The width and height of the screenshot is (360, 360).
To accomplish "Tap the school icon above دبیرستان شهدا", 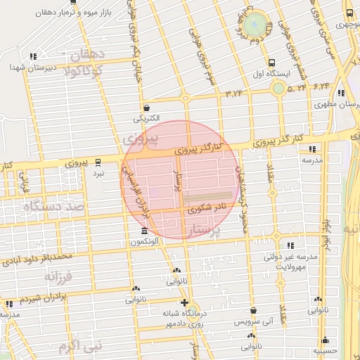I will [32, 56].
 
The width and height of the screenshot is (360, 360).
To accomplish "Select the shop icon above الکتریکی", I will [146, 108].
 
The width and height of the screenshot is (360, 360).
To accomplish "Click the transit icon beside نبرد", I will [98, 161].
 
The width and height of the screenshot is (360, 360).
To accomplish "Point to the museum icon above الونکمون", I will [145, 231].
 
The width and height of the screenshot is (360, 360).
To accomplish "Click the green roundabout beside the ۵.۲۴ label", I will [279, 88].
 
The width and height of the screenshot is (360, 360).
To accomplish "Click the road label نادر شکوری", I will [207, 207].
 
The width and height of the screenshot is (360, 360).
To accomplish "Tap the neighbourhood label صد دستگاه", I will [53, 207].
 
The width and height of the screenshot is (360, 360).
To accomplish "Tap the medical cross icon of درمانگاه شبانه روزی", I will [184, 302].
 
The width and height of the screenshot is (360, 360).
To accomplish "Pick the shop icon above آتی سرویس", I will [253, 310].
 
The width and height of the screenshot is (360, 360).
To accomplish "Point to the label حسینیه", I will [325, 349].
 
